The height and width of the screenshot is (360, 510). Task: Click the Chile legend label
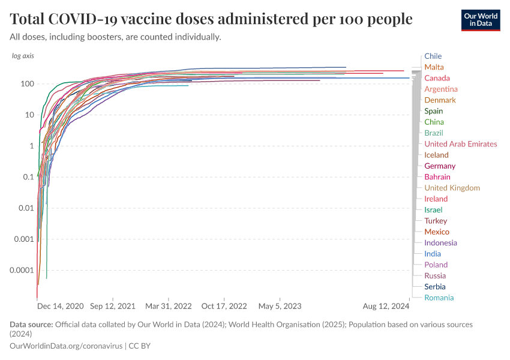click(433, 56)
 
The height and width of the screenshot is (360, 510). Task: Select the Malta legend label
click(434, 67)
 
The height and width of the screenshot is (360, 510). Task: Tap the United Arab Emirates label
click(460, 144)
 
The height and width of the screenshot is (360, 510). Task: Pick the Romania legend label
click(439, 298)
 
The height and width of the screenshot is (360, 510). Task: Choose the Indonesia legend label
click(440, 243)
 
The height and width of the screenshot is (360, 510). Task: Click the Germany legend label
click(439, 166)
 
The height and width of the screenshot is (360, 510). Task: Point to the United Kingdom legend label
click(452, 188)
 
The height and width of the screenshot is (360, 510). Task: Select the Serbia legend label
click(434, 287)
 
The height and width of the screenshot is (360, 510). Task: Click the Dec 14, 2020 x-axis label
click(60, 306)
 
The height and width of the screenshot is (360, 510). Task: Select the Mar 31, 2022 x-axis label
click(169, 306)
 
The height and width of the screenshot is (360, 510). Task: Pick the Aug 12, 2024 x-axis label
click(386, 306)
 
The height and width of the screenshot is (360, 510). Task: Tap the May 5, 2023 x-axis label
click(280, 306)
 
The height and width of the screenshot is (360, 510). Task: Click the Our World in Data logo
click(481, 20)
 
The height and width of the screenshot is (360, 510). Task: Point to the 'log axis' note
click(23, 56)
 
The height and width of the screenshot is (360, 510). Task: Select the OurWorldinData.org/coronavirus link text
click(66, 346)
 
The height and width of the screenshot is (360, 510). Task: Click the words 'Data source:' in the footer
click(31, 325)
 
